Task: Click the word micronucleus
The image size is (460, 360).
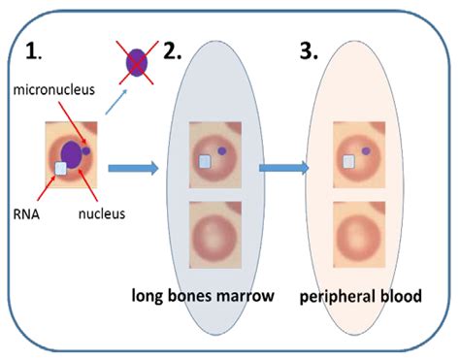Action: [x=53, y=89]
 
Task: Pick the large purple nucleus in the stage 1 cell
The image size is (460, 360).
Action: [x=71, y=153]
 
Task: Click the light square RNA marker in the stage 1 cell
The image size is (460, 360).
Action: [x=60, y=169]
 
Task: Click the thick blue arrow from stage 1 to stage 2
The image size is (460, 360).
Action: [x=132, y=169]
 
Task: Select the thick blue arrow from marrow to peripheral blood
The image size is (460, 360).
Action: [x=283, y=169]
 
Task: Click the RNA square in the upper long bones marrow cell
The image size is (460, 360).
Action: [x=205, y=164]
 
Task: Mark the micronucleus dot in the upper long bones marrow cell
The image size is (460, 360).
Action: [x=223, y=151]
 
